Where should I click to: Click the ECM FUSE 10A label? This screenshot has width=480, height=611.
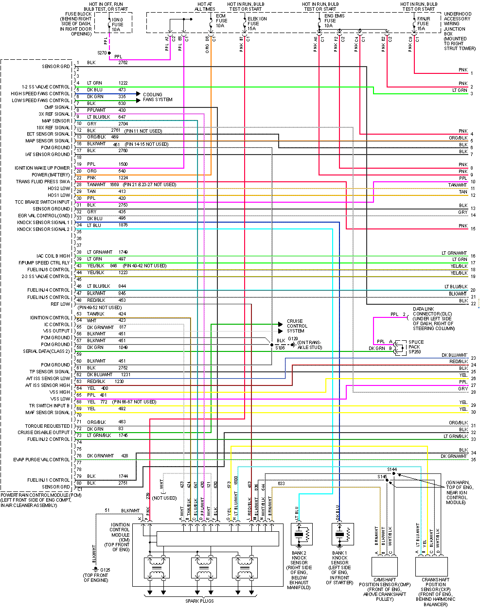coord(221,20)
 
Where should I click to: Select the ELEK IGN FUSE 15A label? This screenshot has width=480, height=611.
coord(257,23)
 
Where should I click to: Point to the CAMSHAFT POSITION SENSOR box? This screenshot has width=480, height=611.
coord(384,566)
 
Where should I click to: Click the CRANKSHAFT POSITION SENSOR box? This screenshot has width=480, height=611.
coord(431,566)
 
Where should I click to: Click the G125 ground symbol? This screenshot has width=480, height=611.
coord(96,569)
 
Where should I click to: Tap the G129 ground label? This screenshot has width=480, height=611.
coord(293,339)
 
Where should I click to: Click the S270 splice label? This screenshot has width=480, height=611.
coord(102,52)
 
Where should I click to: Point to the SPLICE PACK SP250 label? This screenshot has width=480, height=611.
coord(416,347)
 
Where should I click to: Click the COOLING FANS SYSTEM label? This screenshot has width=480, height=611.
coord(158,97)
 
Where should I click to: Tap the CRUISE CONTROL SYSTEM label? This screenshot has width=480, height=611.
coord(297,326)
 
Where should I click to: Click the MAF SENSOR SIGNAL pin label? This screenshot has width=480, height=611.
coord(48,413)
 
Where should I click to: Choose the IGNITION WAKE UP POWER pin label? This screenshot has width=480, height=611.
coord(42,168)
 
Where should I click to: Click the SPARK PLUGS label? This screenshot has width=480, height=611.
coord(199,601)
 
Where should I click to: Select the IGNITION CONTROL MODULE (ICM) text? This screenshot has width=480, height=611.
coord(119,537)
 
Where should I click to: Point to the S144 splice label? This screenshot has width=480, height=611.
coord(392,470)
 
